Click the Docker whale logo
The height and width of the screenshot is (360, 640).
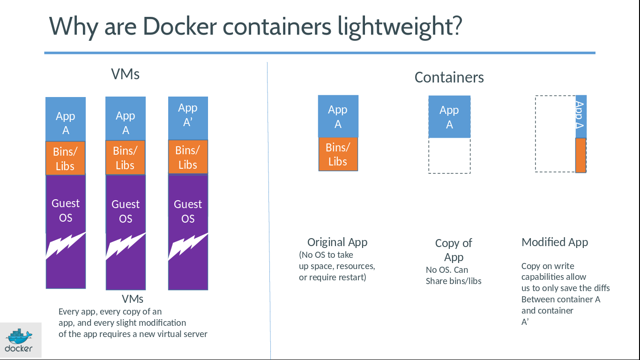19,336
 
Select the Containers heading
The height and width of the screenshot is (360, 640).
449,77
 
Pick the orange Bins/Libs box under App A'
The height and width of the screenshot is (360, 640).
188,157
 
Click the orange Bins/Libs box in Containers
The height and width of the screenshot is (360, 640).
338,154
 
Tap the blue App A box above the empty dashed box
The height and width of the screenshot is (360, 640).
449,117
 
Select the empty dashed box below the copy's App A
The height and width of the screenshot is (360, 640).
449,156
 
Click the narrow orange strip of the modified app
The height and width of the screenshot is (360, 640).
580,155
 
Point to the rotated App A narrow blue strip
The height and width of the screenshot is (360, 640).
580,116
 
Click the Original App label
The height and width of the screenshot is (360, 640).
337,242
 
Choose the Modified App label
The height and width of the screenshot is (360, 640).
555,242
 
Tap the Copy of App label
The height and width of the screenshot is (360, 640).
454,250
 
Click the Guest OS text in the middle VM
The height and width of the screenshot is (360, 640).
126,211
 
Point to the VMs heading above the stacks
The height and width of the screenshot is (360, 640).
125,74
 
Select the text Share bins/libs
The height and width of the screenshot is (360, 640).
454,281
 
